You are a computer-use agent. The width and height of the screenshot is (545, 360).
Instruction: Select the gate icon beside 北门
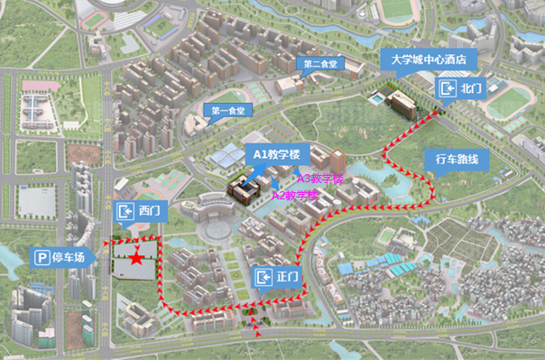tap(448, 88)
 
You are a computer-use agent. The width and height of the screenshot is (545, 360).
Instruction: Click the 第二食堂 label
tap(320, 64)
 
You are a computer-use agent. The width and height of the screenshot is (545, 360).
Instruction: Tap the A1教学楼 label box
tap(276, 154)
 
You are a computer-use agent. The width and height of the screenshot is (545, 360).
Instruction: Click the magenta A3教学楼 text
tap(320, 178)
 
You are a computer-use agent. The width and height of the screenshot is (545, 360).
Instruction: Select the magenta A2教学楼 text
tap(296, 195)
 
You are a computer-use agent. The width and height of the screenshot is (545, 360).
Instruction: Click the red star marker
tap(135, 259)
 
